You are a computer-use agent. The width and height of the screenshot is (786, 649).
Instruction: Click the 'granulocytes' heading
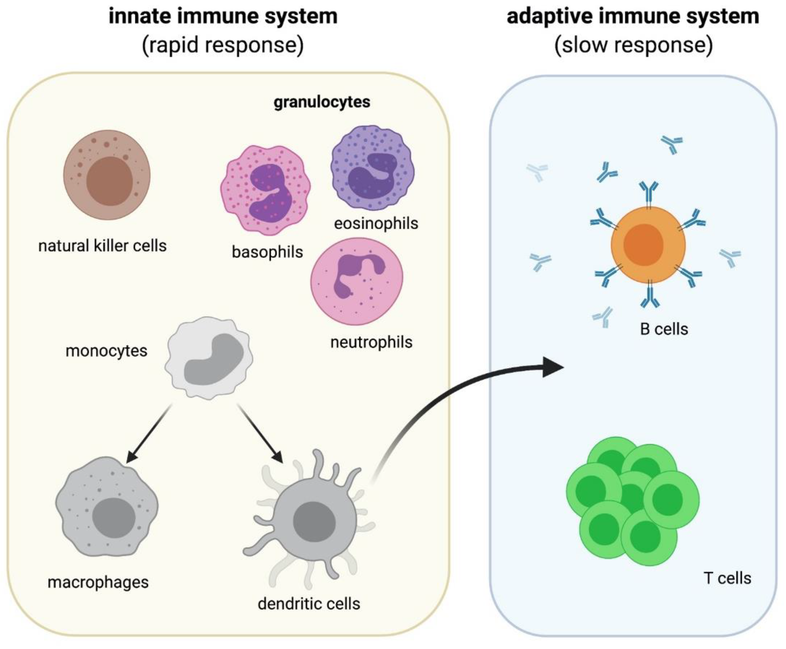pos(322,102)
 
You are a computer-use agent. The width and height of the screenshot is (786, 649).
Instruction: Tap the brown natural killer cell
pos(107,175)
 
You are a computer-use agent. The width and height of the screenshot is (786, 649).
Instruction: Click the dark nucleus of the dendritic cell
pos(314,522)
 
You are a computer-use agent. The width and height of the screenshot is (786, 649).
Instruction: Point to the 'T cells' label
pos(727,578)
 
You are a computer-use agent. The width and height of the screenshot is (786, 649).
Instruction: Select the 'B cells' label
pos(664,329)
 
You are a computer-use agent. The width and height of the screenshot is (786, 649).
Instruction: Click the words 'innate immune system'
pos(223,17)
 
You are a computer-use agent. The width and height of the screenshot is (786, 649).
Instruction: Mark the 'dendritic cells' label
pos(309,604)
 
